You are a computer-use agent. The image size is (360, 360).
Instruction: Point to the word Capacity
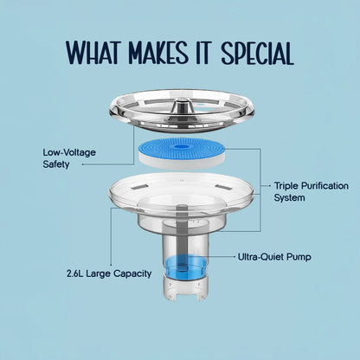click(x=132, y=273)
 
